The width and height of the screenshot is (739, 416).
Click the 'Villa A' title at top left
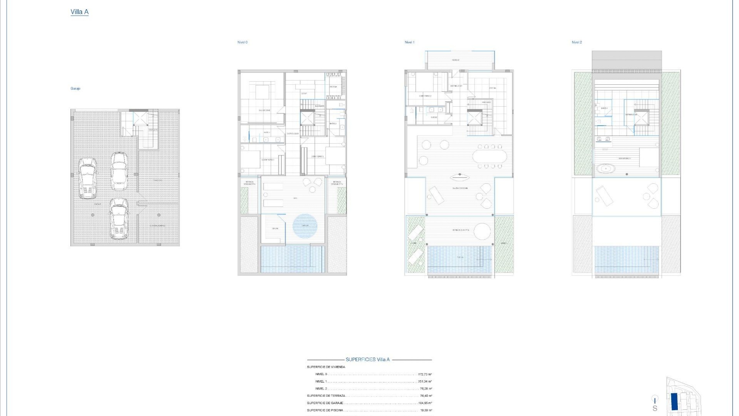point(79,12)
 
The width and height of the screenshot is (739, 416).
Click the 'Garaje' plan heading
point(75,89)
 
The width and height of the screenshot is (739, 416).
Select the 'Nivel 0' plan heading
point(242,42)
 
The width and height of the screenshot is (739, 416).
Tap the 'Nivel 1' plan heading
point(409,42)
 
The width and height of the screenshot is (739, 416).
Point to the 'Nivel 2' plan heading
point(576,42)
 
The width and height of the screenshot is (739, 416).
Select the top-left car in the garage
point(87,178)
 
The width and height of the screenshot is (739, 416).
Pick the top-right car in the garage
point(119,171)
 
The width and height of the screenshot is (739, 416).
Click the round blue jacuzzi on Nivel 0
point(305,226)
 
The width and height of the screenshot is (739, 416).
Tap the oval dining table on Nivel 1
point(490,156)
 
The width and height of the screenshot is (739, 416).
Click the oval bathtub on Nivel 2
point(606,168)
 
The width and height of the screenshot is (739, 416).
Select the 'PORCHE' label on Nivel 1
point(455,60)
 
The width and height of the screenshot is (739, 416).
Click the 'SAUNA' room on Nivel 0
point(275,229)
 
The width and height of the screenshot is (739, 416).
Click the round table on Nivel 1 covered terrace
point(482,231)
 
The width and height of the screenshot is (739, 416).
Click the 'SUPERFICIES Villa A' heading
point(368,359)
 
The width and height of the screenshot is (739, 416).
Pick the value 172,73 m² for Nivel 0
point(425,374)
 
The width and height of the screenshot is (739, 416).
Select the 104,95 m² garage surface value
point(425,403)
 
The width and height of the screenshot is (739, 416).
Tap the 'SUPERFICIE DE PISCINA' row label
point(324,410)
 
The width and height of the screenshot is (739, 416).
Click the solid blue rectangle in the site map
point(674,401)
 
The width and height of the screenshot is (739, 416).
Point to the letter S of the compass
point(655,408)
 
